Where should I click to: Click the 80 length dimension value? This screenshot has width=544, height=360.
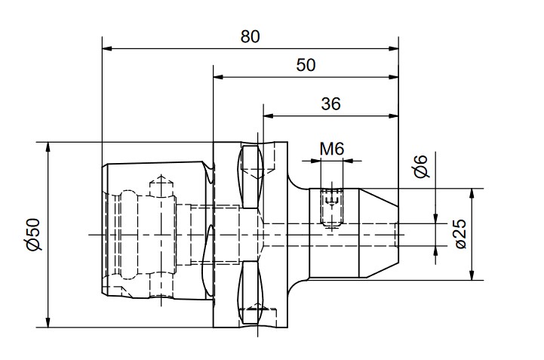click(x=250, y=37)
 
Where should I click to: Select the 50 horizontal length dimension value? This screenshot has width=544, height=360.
click(x=306, y=65)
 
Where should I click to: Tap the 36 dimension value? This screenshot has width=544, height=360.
click(x=330, y=104)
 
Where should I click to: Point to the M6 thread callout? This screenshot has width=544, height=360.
click(x=332, y=149)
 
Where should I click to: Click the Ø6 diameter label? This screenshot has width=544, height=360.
click(x=421, y=167)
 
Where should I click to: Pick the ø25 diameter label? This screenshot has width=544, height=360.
click(x=461, y=234)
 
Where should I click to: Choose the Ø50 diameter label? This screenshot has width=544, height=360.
click(x=34, y=234)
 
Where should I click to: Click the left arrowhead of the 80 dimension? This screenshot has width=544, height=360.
click(x=107, y=48)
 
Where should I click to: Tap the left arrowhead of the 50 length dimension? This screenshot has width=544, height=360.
click(x=218, y=77)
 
